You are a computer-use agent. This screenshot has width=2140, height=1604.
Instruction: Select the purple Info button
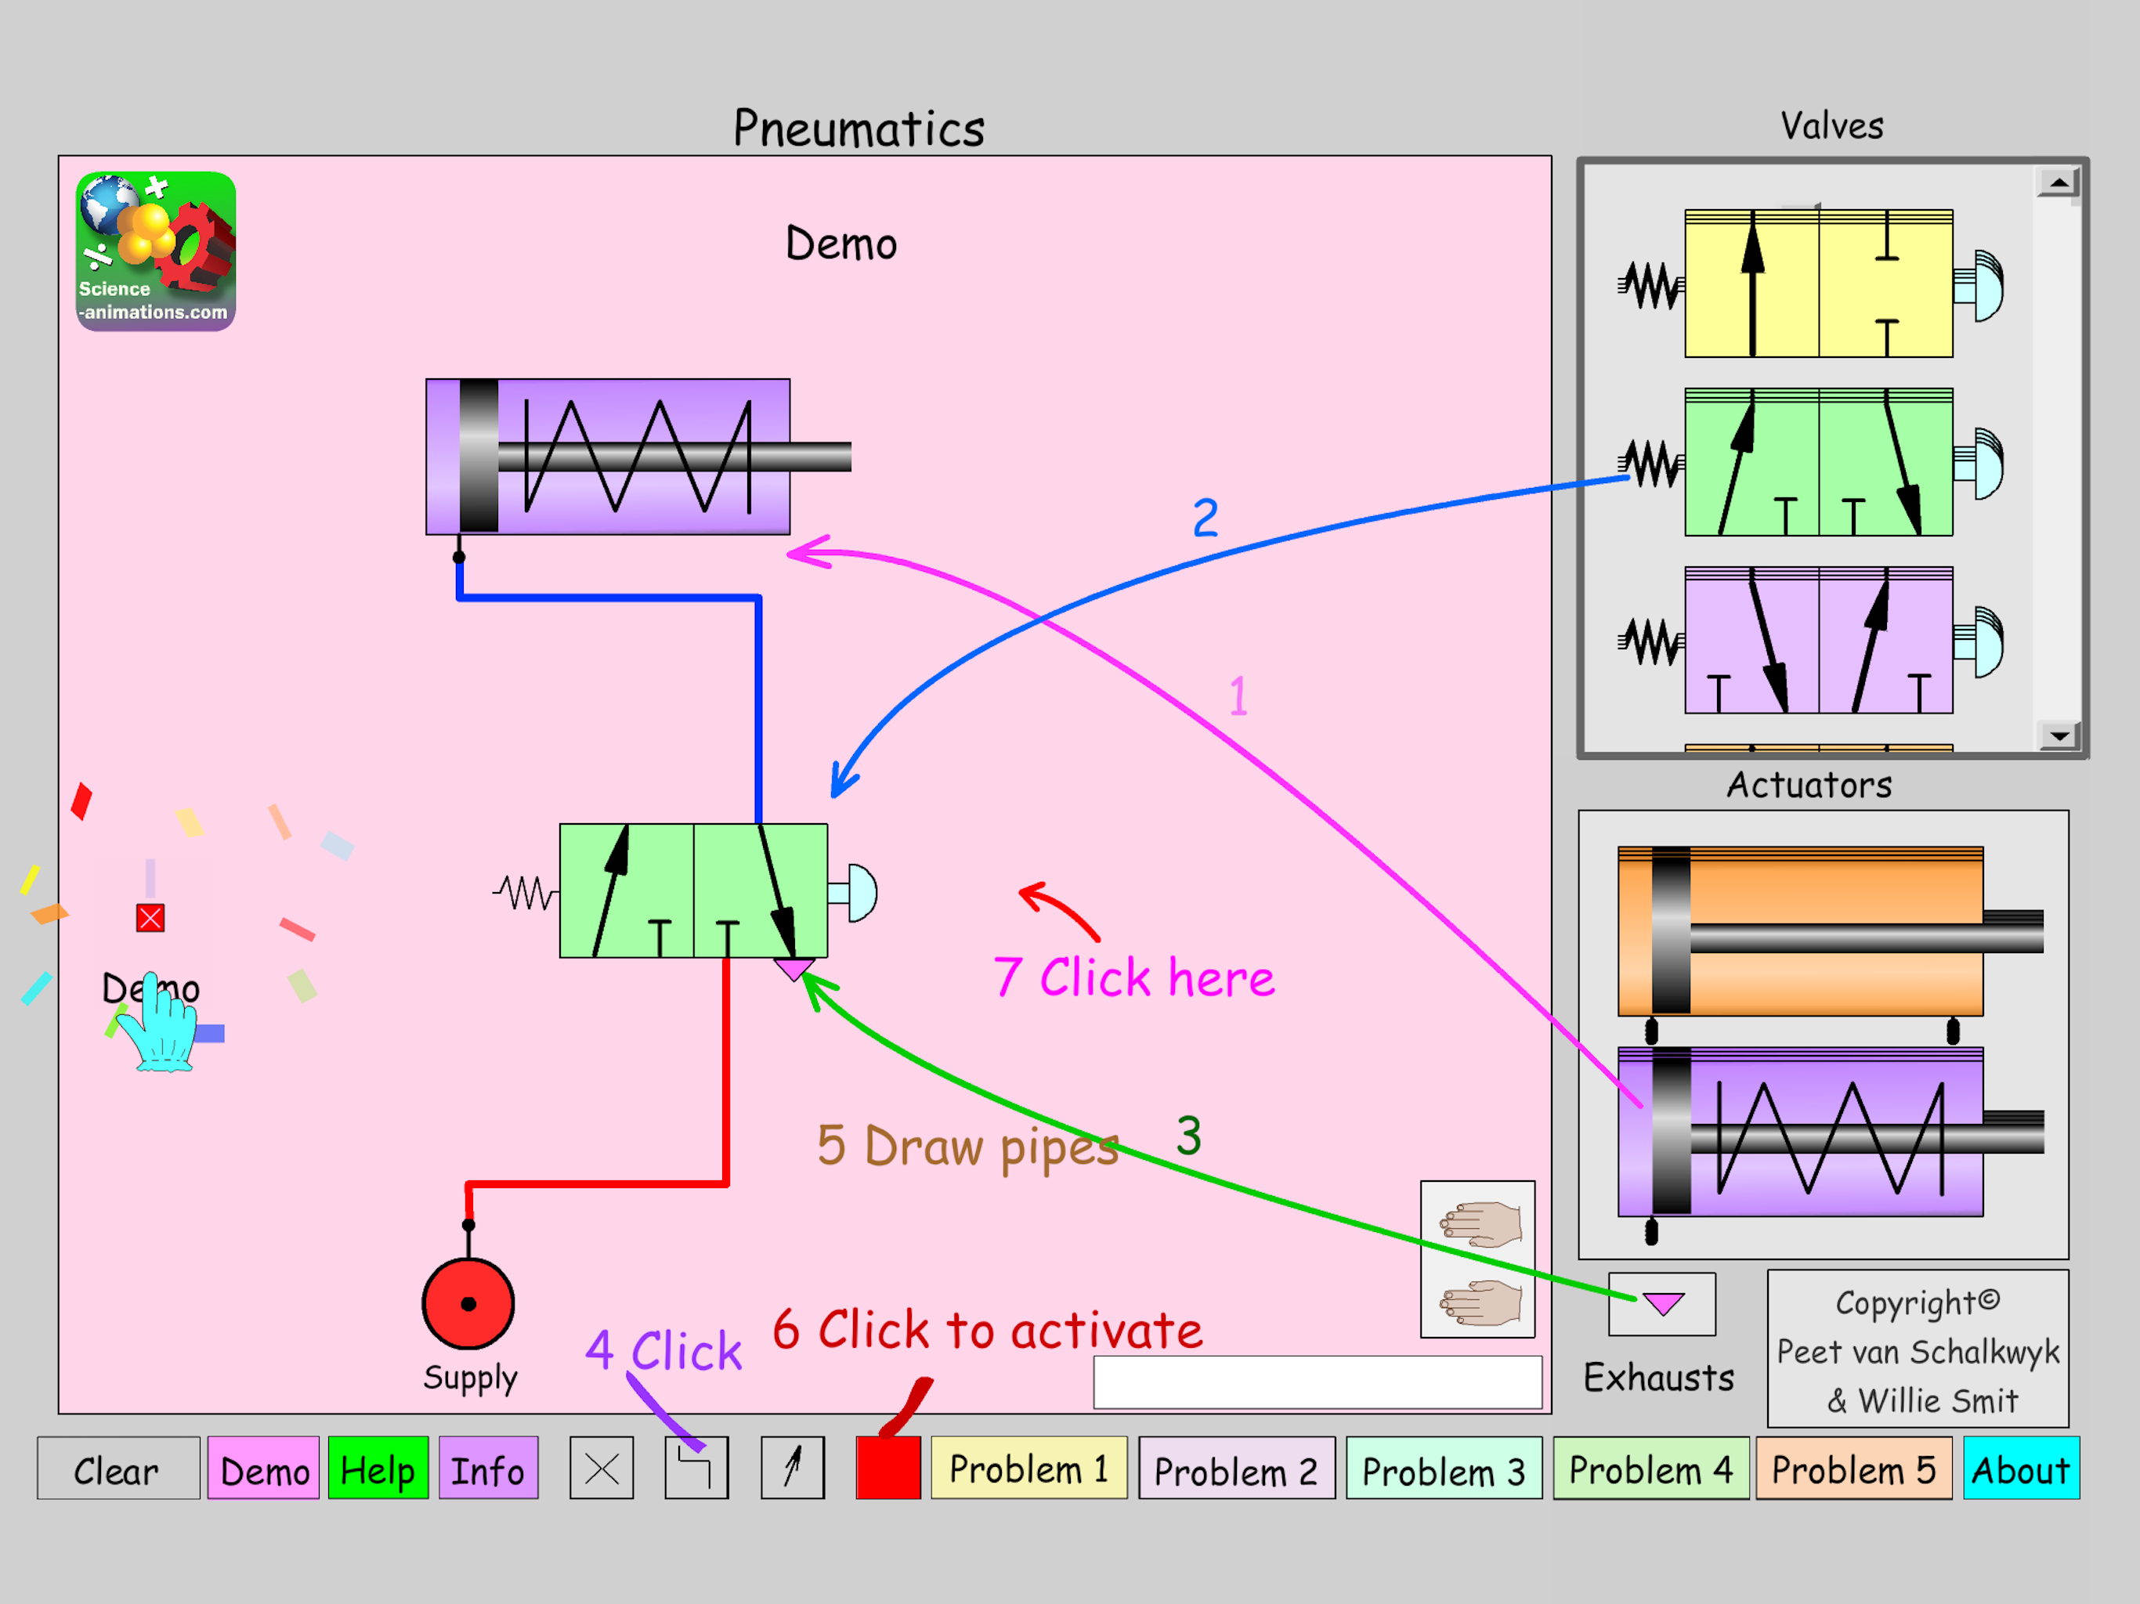pyautogui.click(x=487, y=1469)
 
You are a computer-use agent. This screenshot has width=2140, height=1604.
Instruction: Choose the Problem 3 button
pyautogui.click(x=1444, y=1469)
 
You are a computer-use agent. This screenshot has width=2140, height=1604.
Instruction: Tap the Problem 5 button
pyautogui.click(x=1853, y=1469)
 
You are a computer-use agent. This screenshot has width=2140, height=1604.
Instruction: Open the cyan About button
pyautogui.click(x=2021, y=1469)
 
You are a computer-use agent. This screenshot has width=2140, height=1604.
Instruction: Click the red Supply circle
pyautogui.click(x=468, y=1303)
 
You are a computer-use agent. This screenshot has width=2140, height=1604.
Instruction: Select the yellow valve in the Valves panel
pyautogui.click(x=1818, y=284)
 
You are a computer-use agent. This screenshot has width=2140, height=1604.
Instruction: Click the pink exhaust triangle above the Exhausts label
pyautogui.click(x=1662, y=1303)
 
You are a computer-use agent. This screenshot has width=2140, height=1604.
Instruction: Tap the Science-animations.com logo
pyautogui.click(x=156, y=251)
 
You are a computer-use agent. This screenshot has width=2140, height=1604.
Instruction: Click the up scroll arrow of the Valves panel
pyautogui.click(x=2059, y=182)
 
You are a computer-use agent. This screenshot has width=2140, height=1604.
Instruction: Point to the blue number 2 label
pyautogui.click(x=1206, y=518)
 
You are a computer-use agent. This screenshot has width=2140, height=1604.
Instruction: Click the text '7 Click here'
pyautogui.click(x=1134, y=977)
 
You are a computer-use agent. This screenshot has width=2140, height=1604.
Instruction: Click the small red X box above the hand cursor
pyautogui.click(x=150, y=917)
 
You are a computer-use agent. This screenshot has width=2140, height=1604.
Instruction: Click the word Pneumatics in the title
pyautogui.click(x=859, y=128)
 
